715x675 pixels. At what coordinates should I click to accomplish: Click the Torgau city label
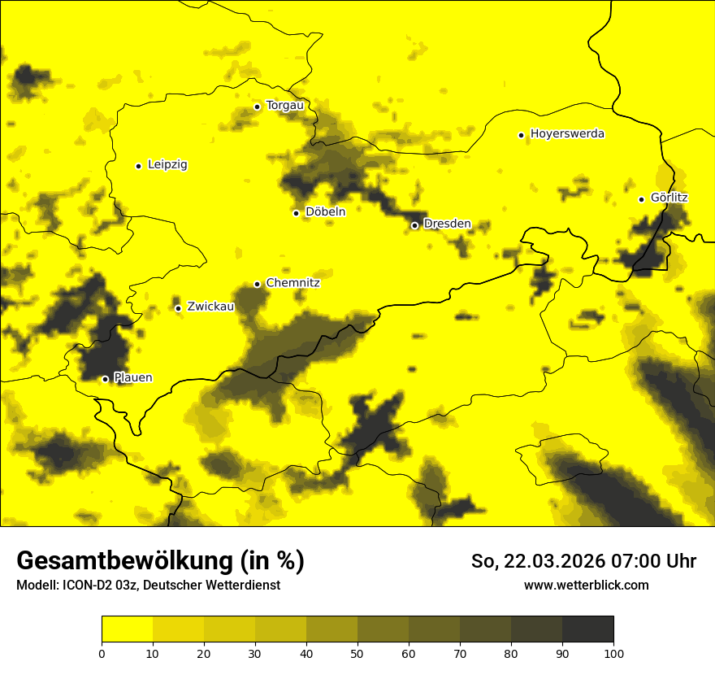284,106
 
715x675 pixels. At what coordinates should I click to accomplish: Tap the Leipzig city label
167,165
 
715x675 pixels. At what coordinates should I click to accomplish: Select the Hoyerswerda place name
567,134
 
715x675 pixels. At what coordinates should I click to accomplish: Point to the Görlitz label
669,198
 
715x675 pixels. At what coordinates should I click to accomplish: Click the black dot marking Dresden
414,225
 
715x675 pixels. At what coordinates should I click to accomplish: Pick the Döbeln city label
325,212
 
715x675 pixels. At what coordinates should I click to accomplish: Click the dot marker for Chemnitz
258,284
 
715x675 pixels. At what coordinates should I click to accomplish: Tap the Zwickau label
210,307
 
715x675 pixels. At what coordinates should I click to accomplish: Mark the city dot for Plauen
105,379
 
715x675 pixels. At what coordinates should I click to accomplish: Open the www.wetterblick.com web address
586,586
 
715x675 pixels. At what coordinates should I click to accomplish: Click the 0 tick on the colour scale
102,653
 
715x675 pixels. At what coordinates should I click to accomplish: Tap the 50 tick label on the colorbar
357,653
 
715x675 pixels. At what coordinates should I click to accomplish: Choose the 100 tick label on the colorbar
613,653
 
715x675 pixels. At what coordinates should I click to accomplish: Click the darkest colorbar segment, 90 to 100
587,629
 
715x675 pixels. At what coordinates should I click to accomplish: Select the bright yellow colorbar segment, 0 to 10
127,629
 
